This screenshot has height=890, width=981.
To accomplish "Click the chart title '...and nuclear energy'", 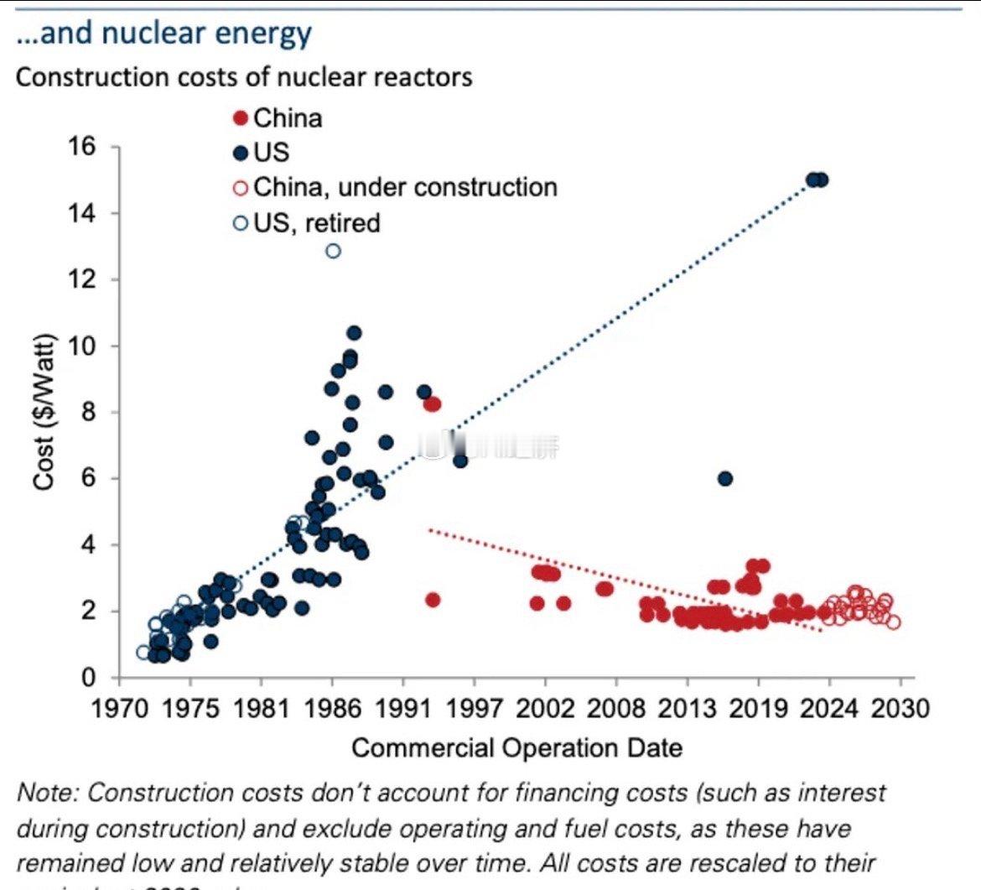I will click(x=163, y=34).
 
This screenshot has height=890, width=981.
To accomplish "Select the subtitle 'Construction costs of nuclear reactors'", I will click(x=244, y=77).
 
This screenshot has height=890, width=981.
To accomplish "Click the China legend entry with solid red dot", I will click(x=278, y=117).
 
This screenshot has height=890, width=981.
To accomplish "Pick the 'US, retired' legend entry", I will click(x=307, y=223).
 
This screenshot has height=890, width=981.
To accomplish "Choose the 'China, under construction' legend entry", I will click(x=396, y=187).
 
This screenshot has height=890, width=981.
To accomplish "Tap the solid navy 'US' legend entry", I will click(x=262, y=152).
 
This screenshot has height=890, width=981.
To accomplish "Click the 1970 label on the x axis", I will click(x=117, y=709).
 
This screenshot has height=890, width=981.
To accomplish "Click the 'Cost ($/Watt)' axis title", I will click(x=45, y=411).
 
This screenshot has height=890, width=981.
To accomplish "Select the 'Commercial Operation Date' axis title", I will click(x=516, y=747).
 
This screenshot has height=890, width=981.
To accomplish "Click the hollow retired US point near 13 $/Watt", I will click(x=333, y=251).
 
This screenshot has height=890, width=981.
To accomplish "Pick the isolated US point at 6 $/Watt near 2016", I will click(x=725, y=478).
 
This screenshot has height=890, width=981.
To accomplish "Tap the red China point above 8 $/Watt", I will click(x=432, y=404).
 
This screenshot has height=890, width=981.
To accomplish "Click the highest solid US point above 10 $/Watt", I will click(x=354, y=333).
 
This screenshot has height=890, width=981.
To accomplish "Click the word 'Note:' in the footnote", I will click(x=49, y=793).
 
